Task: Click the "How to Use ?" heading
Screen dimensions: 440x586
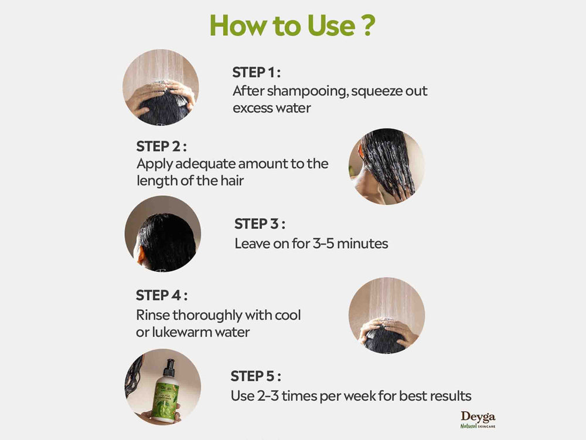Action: click(x=292, y=25)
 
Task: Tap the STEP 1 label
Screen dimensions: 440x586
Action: click(x=256, y=72)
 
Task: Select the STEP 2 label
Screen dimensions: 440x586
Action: click(x=161, y=146)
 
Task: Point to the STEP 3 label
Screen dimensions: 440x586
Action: click(x=260, y=224)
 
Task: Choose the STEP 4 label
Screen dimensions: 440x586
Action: click(x=162, y=295)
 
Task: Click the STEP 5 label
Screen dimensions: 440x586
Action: click(x=256, y=375)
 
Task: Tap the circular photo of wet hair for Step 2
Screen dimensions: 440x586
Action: click(x=387, y=166)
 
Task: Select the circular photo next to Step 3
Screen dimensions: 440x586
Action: click(x=163, y=233)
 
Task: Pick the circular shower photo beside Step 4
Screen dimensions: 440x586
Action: click(x=387, y=316)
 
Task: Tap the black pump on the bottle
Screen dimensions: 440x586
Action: click(x=169, y=367)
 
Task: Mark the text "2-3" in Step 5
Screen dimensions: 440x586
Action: click(x=267, y=395)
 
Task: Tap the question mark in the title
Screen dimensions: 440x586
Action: click(x=367, y=25)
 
